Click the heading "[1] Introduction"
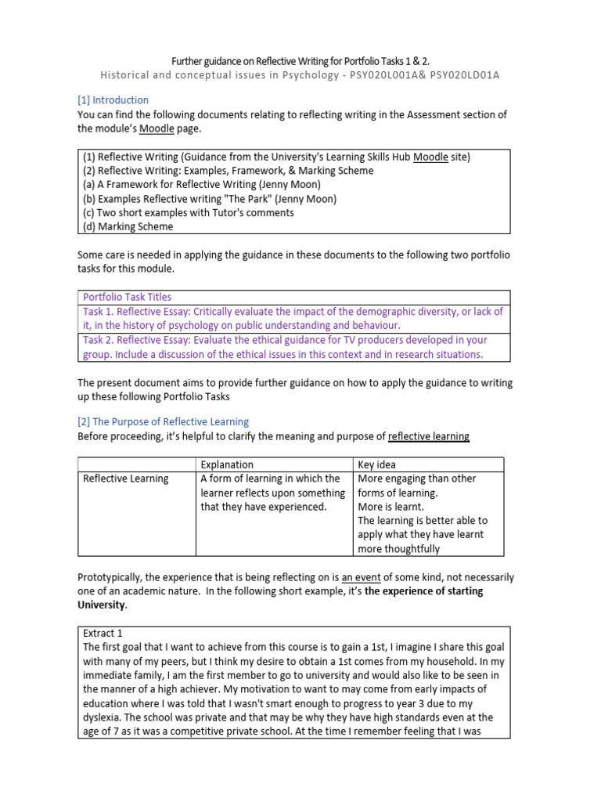point(113,100)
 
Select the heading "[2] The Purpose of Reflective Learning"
point(163,421)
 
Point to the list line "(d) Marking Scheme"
point(128,226)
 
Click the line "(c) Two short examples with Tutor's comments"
point(188,212)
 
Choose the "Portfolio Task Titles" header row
point(128,297)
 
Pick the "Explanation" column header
point(227,464)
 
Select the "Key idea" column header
point(376,464)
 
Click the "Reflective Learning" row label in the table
point(126,479)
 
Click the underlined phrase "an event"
point(362,577)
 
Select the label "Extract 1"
point(103,633)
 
